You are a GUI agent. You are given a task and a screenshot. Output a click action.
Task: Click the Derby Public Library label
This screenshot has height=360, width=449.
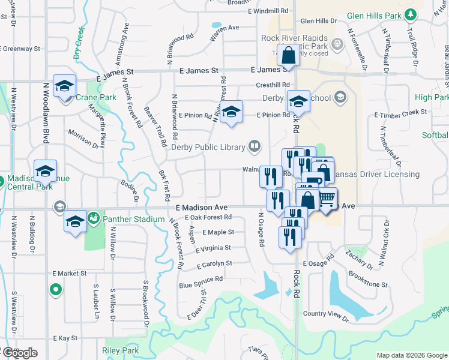tap(209, 147)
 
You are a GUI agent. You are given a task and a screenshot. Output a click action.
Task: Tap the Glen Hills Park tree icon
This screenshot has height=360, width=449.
tap(411, 14)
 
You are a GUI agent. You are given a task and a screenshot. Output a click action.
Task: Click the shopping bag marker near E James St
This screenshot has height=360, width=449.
tap(289, 54)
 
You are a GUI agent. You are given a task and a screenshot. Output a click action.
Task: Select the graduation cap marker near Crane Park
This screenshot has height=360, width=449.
tap(64, 86)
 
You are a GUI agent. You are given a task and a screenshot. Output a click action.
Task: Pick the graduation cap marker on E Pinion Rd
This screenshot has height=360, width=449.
tap(231, 111)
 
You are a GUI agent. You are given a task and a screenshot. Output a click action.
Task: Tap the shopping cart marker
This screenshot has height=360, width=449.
tap(327, 198)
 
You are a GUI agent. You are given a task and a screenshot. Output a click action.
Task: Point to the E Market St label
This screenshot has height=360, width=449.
tap(70, 274)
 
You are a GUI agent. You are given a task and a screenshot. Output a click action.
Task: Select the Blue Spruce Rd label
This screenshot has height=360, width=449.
tap(200, 279)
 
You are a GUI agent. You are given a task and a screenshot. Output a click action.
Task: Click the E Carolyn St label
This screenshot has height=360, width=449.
tap(213, 263)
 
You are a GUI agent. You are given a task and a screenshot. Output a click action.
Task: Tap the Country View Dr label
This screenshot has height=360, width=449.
tap(326, 314)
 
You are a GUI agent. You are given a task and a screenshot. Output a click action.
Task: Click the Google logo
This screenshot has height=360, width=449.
tap(19, 353)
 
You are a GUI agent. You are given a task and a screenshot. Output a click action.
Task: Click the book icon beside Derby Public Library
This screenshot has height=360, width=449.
tap(255, 146)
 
